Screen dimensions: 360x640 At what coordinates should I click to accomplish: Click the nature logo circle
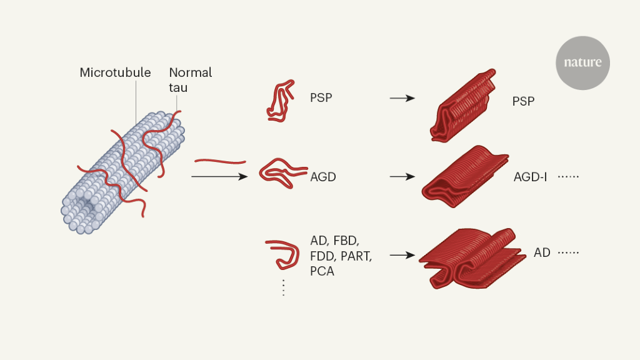pos(582,62)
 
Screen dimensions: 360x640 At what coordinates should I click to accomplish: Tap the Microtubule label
pos(115,72)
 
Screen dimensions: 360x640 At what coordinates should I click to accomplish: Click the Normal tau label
pos(191,80)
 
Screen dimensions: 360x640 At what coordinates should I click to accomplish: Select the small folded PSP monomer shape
pos(281,99)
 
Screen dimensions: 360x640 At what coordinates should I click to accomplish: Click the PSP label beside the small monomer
pos(322,98)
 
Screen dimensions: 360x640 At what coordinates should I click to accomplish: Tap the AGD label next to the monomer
pos(323,177)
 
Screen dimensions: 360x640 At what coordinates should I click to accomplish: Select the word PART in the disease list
pos(357,256)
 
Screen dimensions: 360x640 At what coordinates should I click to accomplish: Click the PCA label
pos(322,271)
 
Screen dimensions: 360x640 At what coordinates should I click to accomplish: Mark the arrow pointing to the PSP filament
pos(402,98)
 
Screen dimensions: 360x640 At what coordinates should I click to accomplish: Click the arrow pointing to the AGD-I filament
pos(402,177)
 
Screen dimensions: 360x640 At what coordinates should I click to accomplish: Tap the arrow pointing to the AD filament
pos(402,255)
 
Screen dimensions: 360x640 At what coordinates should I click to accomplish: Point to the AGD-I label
pos(530,177)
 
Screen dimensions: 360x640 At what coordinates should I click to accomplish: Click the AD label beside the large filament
pos(542,253)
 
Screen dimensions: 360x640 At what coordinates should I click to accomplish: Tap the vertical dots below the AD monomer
pos(283,287)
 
